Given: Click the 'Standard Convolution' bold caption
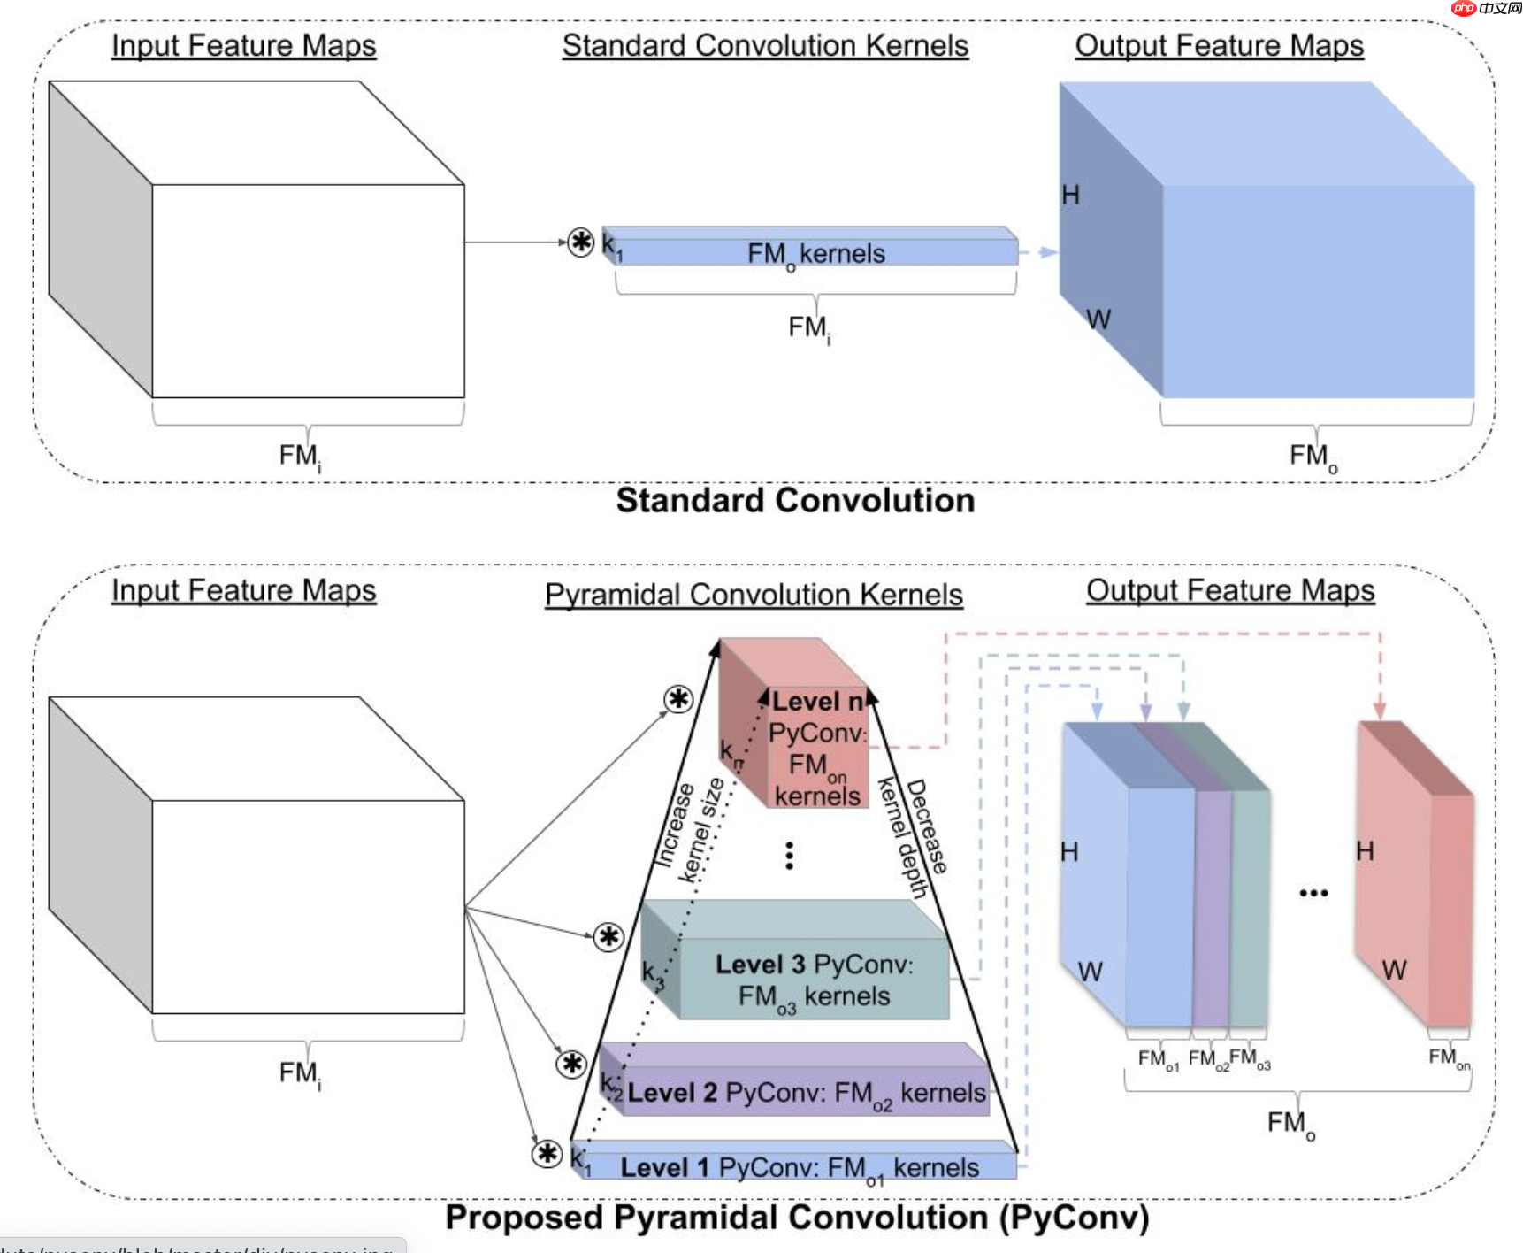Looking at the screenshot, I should tap(795, 501).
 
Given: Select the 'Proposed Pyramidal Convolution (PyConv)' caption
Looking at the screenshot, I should tap(797, 1218).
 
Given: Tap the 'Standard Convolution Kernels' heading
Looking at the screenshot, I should tap(765, 46).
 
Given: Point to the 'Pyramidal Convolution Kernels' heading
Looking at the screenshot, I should tap(754, 595).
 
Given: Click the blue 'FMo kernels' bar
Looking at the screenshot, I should tap(814, 252).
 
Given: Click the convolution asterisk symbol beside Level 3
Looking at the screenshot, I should tap(608, 936).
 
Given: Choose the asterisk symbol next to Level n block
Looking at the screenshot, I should tap(678, 699).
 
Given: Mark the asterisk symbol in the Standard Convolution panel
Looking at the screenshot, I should tap(580, 242).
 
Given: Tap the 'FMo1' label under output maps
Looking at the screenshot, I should tap(1157, 1059).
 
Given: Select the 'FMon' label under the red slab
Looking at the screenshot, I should tap(1449, 1057).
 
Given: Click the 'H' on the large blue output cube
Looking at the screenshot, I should tap(1070, 195).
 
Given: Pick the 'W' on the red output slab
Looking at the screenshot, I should tap(1394, 971).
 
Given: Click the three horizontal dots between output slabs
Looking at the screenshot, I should tap(1313, 893).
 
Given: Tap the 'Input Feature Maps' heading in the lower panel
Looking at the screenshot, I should tap(243, 590).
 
